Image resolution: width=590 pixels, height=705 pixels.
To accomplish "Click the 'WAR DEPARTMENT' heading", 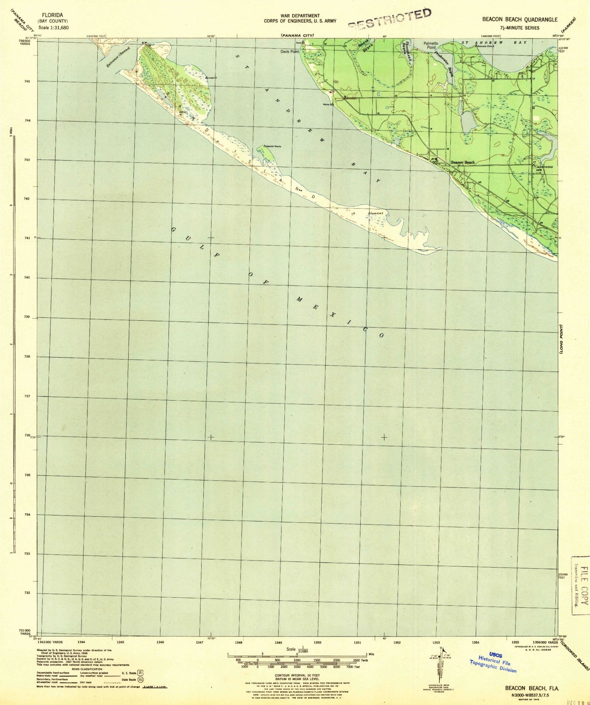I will click(x=300, y=16).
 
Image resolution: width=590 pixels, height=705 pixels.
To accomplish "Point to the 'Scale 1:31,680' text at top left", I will click(x=54, y=28).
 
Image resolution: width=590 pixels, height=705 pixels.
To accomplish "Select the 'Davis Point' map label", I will click(x=289, y=52).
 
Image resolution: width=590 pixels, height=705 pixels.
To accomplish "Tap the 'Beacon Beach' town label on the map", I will click(x=463, y=162).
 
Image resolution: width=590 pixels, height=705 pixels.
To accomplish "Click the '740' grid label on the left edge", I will click(x=26, y=278).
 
